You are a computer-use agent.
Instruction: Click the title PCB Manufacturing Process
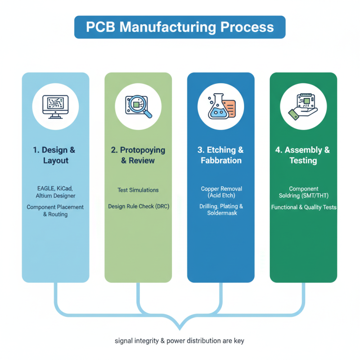180,27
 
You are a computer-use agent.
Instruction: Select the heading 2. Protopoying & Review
138,155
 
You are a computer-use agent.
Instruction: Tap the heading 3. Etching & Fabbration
221,155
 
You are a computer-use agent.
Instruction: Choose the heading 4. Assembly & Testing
303,155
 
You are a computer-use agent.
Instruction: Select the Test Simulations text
138,190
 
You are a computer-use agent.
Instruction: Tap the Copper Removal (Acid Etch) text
221,192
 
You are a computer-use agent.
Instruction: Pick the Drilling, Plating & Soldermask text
221,209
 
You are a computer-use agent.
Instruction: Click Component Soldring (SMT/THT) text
303,192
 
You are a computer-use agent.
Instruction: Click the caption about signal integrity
180,341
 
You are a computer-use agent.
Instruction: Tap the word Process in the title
247,27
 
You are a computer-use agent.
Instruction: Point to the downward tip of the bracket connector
180,329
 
